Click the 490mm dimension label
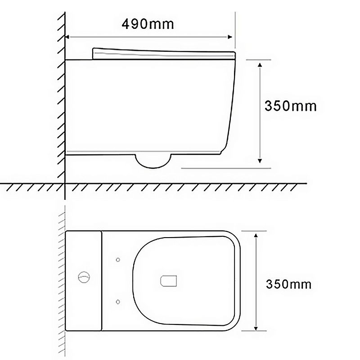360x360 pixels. [148, 24]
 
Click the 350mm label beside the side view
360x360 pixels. [290, 106]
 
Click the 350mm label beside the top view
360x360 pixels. [288, 284]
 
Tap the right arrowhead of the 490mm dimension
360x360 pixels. [229, 37]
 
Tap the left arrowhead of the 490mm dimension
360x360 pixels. [67, 37]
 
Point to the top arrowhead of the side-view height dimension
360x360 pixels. [260, 64]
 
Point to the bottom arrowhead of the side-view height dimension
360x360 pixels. [260, 161]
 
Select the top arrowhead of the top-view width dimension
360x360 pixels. [256, 235]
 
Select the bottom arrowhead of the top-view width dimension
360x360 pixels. [256, 328]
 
